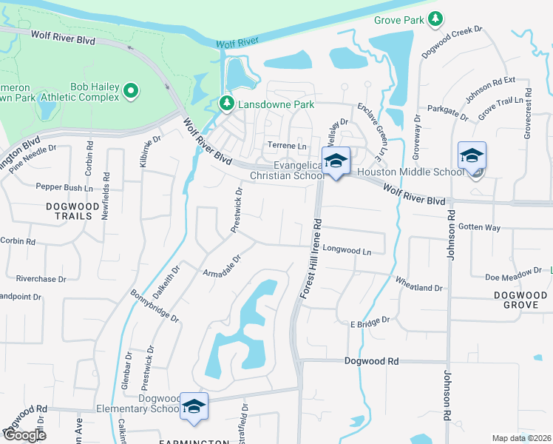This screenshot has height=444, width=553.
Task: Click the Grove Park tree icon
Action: pos(436,18)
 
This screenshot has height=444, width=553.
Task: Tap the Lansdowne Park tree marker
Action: pos(226,104)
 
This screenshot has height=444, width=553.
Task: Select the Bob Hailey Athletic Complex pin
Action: pos(132,91)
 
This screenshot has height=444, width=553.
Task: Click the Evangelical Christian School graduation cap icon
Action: pos(336,162)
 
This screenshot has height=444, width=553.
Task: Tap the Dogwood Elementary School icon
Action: pos(194,408)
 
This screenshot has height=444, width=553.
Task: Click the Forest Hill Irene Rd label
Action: pos(310,259)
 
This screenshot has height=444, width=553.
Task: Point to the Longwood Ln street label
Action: pos(347,251)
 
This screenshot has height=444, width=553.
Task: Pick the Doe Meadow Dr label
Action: pos(512,277)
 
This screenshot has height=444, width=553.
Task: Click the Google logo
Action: pos(24,435)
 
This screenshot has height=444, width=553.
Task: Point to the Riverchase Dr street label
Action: pos(41,279)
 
